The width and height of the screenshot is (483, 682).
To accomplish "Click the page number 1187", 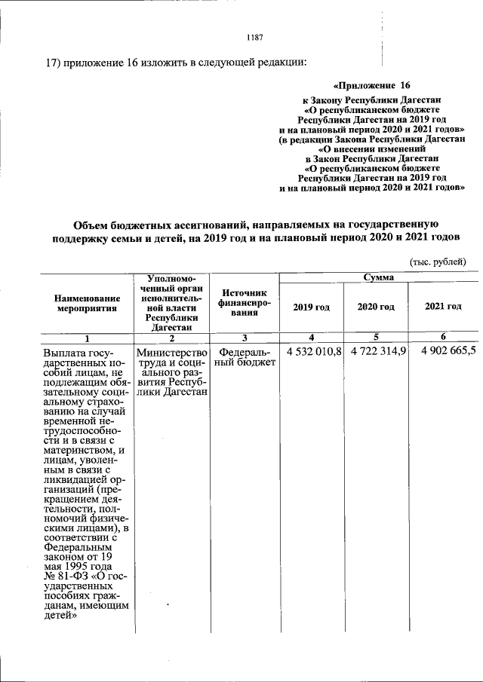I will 254,37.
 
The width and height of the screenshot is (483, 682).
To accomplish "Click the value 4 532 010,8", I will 314,352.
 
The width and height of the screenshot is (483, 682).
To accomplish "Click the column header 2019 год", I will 312,307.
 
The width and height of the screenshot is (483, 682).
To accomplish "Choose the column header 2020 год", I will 376,307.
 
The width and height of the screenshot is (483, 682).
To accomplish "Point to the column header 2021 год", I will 443,307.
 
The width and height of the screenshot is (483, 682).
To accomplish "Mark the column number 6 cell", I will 443,336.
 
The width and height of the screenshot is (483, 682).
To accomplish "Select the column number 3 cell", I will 245,338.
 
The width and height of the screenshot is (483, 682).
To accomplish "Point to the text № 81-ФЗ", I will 65,578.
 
